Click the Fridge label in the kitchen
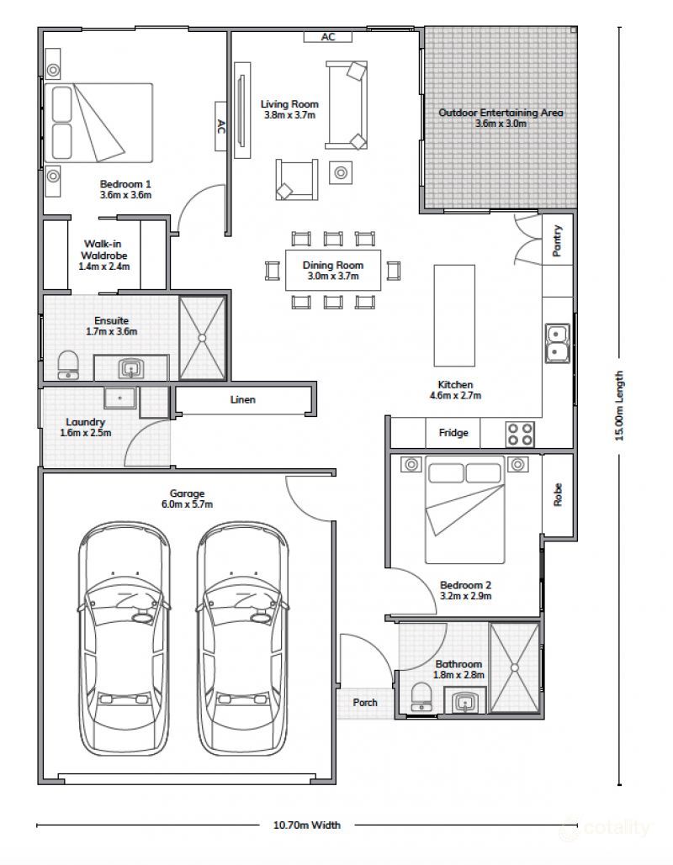(x=453, y=433)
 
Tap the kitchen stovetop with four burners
(x=520, y=434)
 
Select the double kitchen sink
(x=558, y=343)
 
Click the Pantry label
(x=558, y=240)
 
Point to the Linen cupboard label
(x=243, y=399)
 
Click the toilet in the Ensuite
(x=68, y=365)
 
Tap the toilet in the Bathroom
(x=421, y=697)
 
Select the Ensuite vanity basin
(x=131, y=368)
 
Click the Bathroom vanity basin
(x=465, y=702)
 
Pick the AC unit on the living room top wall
(x=328, y=37)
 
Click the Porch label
(x=365, y=702)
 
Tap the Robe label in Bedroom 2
(x=558, y=494)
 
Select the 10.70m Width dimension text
(x=307, y=825)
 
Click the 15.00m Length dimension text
(x=619, y=405)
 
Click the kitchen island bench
(x=454, y=315)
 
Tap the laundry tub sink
(x=119, y=397)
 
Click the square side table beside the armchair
(x=342, y=173)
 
